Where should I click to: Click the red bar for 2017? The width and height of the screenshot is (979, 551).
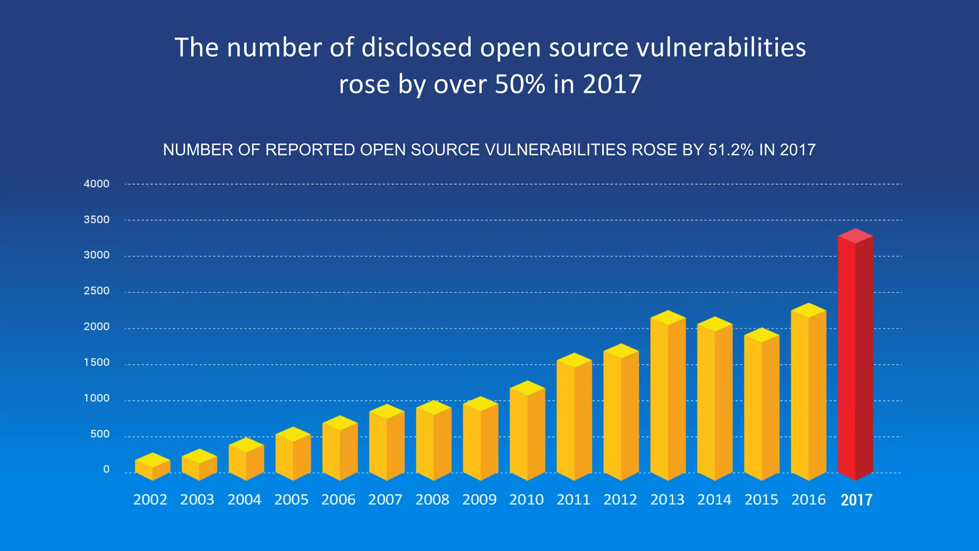(x=855, y=359)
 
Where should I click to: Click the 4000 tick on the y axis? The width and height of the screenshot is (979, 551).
(x=97, y=184)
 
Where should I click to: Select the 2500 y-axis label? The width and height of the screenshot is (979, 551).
(x=97, y=291)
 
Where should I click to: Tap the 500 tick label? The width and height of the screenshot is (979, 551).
(x=99, y=434)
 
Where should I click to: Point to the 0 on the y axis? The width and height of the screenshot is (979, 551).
(x=106, y=469)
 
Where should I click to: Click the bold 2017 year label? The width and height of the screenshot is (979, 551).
(x=856, y=500)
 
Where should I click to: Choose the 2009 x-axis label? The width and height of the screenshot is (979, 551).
(x=479, y=500)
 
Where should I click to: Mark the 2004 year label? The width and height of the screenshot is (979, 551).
(x=244, y=500)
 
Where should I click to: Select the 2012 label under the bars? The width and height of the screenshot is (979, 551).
(x=620, y=500)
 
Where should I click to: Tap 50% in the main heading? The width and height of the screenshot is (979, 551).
(x=520, y=84)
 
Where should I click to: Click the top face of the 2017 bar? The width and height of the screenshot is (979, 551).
(x=855, y=236)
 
